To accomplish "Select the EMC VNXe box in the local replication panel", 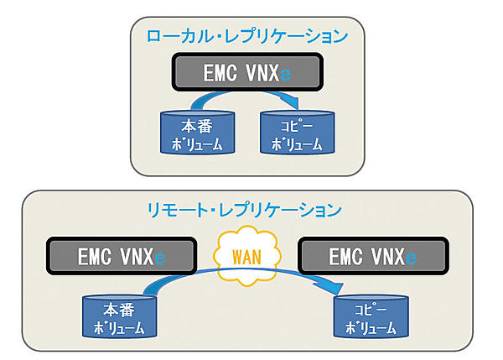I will (247, 74).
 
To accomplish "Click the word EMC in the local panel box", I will (221, 74).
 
